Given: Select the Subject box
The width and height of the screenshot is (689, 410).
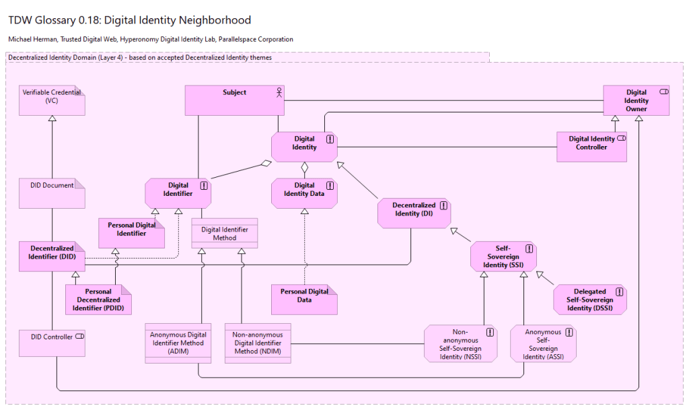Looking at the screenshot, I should [234, 100].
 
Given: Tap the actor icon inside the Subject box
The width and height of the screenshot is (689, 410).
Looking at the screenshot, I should [279, 93].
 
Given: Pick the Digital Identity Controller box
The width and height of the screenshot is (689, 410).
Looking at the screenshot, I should [591, 147].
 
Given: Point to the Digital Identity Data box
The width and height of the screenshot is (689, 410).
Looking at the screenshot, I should [304, 193].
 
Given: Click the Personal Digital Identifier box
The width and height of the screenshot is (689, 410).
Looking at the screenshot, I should [132, 233].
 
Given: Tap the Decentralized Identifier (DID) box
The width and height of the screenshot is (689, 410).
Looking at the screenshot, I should [52, 257].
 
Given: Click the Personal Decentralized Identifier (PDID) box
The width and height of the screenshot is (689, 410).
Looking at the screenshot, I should [98, 300].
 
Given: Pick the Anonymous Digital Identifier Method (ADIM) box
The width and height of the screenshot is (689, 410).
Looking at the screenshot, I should [178, 343].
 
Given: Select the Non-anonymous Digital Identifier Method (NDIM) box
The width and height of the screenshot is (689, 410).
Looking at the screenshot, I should [258, 343].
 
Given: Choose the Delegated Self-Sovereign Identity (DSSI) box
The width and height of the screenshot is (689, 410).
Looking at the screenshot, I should [590, 300].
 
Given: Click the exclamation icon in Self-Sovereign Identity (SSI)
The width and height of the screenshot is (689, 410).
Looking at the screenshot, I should [529, 248].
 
